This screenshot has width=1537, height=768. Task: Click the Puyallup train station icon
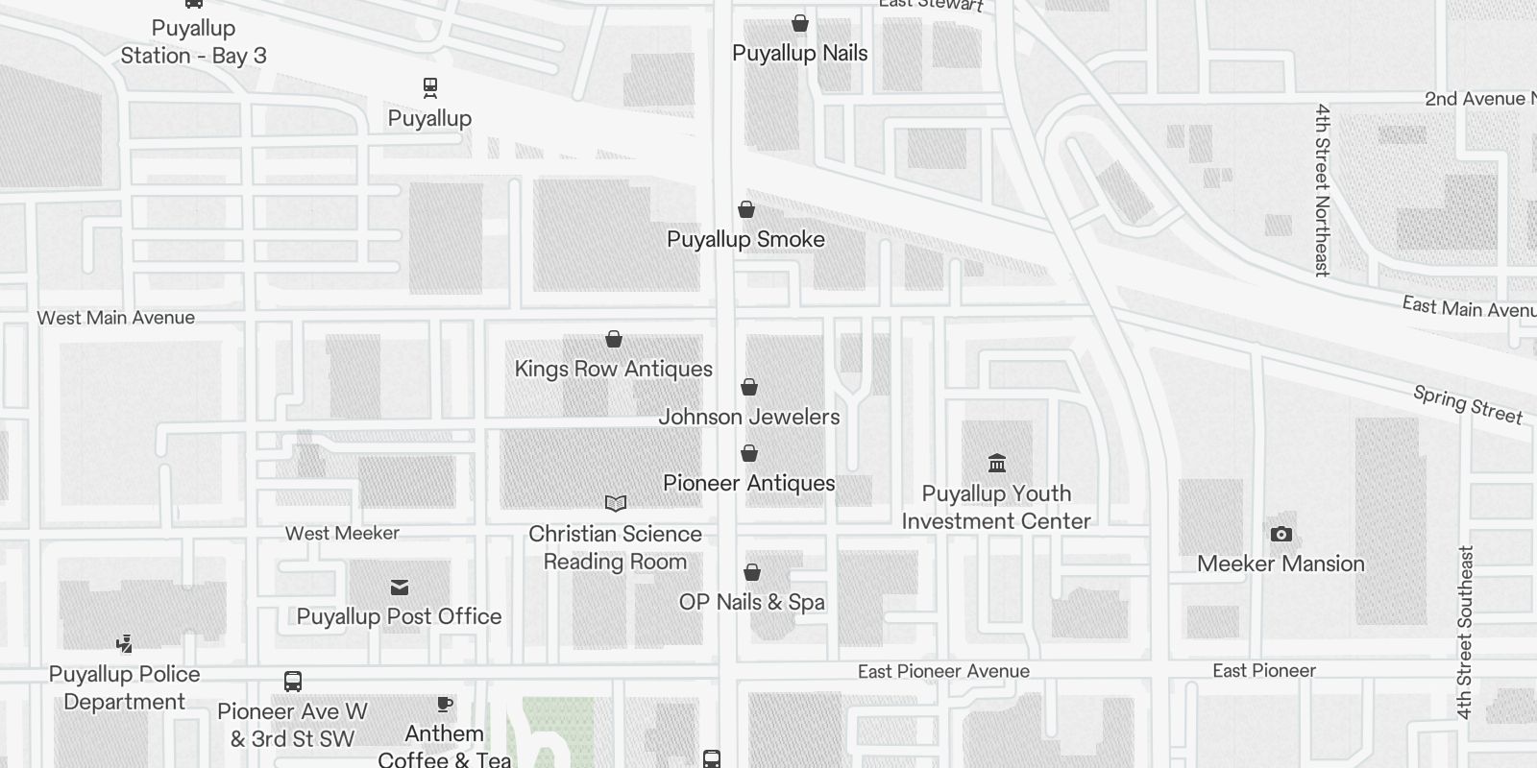430,88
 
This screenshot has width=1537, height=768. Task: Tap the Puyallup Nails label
799,54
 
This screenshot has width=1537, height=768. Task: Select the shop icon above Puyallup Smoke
746,209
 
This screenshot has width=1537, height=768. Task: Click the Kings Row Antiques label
613,370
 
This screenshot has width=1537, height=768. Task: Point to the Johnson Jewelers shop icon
749,387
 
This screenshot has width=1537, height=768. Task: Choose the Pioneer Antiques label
748,484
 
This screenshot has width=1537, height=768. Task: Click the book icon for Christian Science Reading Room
616,504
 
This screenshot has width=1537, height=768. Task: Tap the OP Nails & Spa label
751,603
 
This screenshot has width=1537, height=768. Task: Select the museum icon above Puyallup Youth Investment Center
997,464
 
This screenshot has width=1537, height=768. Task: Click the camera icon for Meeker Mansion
1281,535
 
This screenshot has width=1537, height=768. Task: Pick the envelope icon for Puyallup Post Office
400,588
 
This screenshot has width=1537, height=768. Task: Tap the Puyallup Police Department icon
124,644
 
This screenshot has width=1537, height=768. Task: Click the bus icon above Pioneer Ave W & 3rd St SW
293,682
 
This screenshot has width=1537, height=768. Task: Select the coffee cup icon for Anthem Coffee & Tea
445,705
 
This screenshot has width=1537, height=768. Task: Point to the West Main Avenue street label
116,318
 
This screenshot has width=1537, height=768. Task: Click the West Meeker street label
342,534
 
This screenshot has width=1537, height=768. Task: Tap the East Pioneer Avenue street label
943,672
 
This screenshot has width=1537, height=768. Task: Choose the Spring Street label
1468,404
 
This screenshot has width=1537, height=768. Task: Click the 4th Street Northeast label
1323,190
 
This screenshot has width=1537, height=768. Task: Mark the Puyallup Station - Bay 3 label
193,42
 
